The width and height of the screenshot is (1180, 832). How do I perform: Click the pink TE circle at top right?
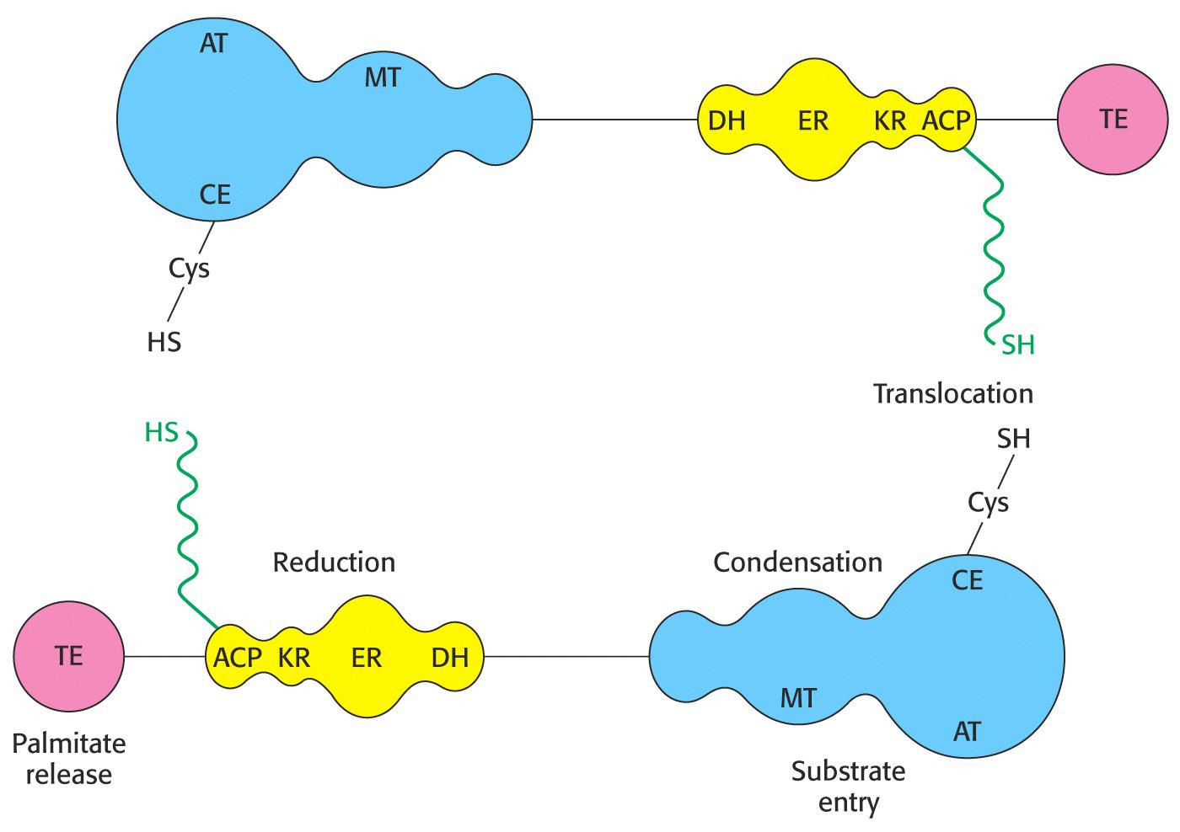1113,120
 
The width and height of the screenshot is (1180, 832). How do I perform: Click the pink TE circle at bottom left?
69,656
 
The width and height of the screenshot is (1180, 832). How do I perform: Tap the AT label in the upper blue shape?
213,44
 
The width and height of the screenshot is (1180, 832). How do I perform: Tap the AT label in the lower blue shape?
967,731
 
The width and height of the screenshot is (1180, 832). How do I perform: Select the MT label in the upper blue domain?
382,78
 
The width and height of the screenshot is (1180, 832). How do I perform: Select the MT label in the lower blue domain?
797,697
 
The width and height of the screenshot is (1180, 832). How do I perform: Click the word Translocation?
952,393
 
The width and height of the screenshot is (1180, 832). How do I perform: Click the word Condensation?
797,562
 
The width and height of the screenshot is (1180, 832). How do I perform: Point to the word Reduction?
334,562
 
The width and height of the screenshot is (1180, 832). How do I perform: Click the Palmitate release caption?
69,759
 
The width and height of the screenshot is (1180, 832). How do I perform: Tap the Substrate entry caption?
848,787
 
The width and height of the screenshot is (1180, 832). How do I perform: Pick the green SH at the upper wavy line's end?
1018,344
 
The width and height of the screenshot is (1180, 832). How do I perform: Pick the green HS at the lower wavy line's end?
162,433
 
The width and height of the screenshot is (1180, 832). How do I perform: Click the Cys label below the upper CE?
189,269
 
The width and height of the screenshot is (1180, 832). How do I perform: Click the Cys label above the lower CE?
988,503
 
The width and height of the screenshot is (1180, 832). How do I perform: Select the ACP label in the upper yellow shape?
947,121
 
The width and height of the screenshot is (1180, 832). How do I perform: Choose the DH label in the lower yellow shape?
449,658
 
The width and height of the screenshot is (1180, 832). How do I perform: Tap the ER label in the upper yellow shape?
813,121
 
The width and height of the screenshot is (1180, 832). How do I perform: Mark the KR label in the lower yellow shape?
294,658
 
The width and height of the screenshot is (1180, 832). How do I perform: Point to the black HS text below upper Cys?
164,342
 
